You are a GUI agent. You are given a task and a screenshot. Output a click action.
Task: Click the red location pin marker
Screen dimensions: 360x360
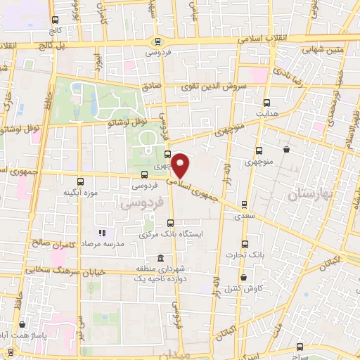tap(181, 165)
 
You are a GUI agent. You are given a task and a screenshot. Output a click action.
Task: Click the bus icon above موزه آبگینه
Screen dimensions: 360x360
tap(79, 180)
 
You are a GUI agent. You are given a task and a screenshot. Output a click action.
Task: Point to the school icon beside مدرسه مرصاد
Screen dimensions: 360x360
tap(102, 233)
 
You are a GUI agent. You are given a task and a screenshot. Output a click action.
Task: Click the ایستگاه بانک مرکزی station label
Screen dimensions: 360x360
tap(173, 233)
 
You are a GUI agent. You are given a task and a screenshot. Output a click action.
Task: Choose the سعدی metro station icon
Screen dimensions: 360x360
tap(244, 205)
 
